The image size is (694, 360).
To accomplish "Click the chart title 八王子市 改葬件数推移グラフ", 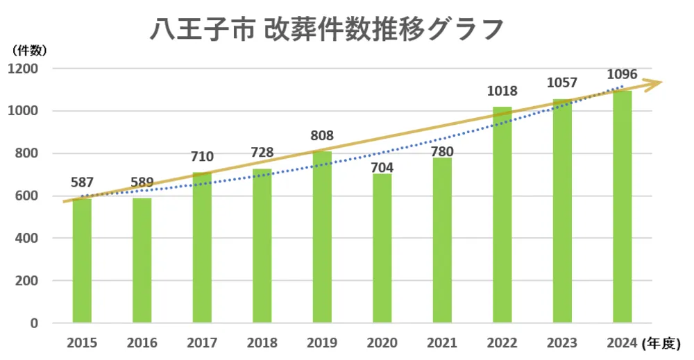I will pos(327,30).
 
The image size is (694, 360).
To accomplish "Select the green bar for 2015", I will pos(82,260).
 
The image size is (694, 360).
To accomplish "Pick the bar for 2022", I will pos(502,215).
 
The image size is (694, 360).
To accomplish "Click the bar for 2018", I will pos(262,246).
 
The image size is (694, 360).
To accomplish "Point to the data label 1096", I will pos(622,74).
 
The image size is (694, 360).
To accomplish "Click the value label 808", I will pos(322,136).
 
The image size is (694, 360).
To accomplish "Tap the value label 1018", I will pos(502,92).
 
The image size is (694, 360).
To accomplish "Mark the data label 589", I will pos(142,182).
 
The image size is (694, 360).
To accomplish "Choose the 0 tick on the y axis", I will pos(34,323).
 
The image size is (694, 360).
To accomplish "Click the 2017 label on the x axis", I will pos(202,343).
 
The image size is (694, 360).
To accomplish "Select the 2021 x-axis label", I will pos(442,343).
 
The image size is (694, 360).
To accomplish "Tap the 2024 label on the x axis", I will pos(622,343).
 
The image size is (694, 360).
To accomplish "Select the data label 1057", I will pos(562,83).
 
